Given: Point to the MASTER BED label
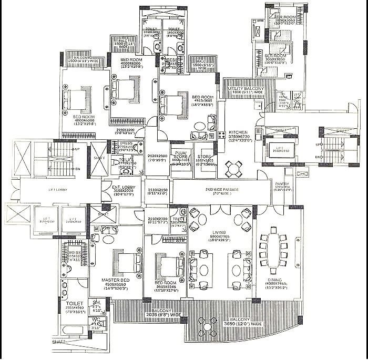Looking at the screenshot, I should click(115, 280).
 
